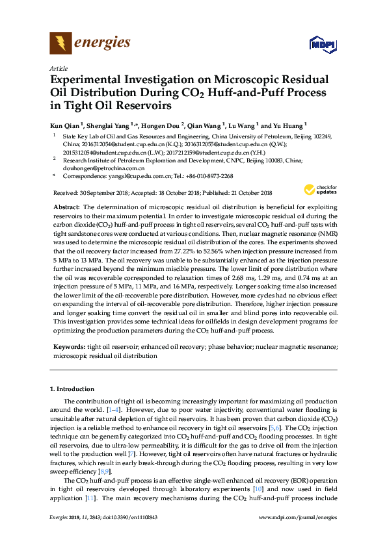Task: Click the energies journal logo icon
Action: [61, 44]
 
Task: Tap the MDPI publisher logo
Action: [323, 45]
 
